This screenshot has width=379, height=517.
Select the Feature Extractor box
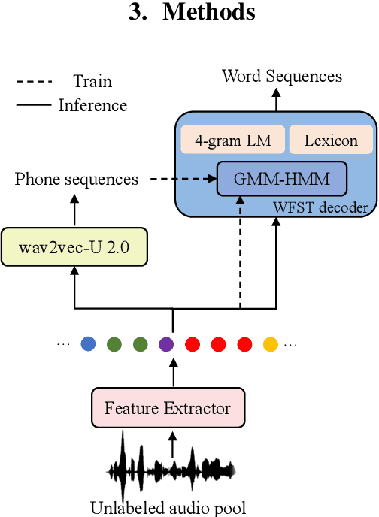168,409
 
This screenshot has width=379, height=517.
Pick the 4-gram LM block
232,141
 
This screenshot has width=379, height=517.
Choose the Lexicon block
331,141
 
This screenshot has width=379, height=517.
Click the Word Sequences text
282,76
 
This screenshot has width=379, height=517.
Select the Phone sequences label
77,179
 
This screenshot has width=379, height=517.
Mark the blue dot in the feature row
88,345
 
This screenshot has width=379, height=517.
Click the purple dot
166,345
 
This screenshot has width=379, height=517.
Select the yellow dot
270,345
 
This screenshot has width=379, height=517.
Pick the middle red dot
218,345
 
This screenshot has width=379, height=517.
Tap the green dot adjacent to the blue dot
114,345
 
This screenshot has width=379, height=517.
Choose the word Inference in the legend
92,105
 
